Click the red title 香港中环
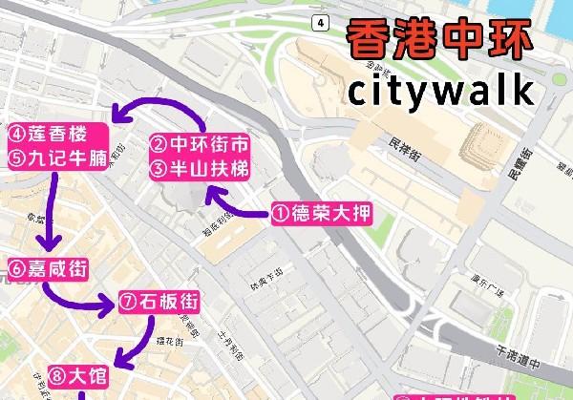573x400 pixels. [439, 41]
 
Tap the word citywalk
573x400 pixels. [439, 91]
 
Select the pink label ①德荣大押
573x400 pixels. [319, 213]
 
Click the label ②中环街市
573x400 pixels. [200, 145]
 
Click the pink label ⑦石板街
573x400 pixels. [159, 303]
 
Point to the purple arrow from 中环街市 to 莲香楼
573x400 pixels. [162, 110]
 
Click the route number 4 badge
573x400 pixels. [321, 22]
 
